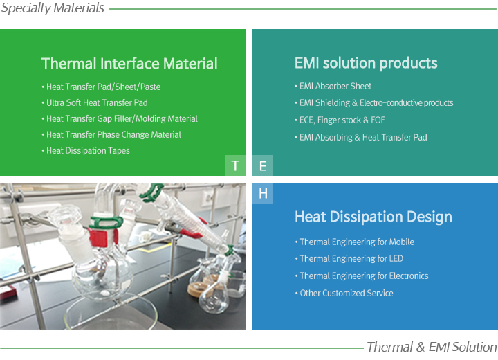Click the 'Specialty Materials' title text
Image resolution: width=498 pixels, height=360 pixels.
pos(53,8)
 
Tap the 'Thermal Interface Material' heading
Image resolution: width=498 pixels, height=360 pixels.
pos(129,63)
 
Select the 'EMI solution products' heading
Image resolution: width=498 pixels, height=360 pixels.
pos(366,63)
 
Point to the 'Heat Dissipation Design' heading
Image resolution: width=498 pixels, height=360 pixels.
pos(373,217)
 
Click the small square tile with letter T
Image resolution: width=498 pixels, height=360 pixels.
pos(235,165)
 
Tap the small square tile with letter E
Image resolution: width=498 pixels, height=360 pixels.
pos(263,165)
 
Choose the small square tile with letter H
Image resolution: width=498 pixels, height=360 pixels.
pos(263,193)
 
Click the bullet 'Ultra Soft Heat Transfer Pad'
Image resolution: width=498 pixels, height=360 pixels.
pos(95,102)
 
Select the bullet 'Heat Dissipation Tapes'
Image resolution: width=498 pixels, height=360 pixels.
pos(86,150)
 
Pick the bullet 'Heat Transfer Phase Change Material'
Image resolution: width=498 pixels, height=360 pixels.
pos(111,134)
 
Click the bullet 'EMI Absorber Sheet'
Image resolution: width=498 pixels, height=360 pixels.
pos(333,86)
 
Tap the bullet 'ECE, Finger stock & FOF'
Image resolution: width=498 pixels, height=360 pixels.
pos(340,120)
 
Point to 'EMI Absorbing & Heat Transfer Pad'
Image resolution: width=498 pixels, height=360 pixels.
pos(361,137)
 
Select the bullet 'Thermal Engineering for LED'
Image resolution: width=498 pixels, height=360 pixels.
pos(349,258)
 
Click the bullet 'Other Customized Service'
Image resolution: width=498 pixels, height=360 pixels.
pos(344,293)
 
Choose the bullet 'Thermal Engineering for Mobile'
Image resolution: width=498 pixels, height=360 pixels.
pos(355,242)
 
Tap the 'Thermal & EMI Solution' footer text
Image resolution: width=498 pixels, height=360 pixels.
pos(432,347)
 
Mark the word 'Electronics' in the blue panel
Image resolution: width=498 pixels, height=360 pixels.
pos(409,276)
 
